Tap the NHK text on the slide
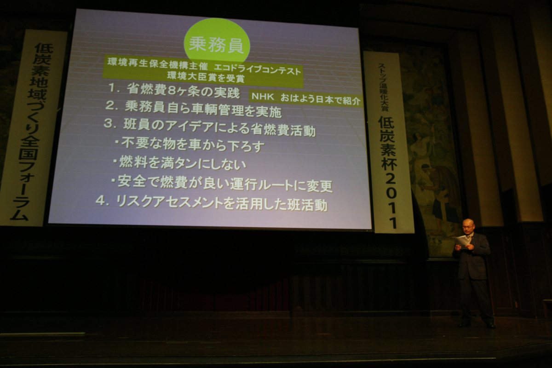tap(263, 97)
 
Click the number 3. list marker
tap(109, 123)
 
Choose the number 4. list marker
tap(102, 201)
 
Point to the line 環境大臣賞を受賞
tap(206, 77)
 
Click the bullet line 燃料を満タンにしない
tap(180, 163)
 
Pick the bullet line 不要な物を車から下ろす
tap(190, 145)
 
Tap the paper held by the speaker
tap(462, 241)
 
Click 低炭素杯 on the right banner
tap(388, 144)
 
